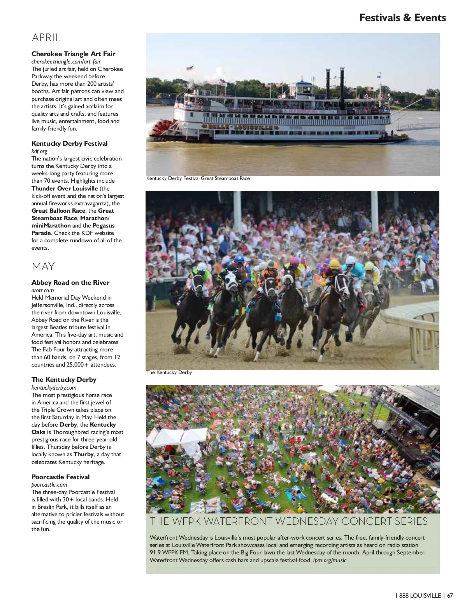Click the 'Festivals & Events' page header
coord(402,18)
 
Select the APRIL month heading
coord(46,38)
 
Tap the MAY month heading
coord(43,266)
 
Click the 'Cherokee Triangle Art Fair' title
coord(73,54)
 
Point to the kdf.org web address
coord(39,151)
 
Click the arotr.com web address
coord(42,290)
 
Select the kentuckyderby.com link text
coord(54,388)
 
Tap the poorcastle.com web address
coord(49,485)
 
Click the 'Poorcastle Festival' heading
coord(60,477)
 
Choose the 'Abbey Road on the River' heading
coord(70,282)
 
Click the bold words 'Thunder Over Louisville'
coord(65,189)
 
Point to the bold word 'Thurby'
coord(84,454)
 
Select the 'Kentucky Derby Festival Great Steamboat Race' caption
coord(198,178)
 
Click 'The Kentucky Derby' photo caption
coord(169,372)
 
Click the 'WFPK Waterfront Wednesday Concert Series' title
coord(289,521)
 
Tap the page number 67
coord(450,595)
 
